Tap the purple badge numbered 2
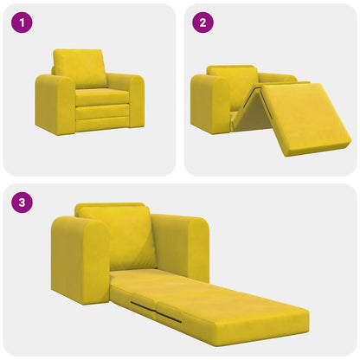pos(202,23)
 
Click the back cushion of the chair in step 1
pos(80,67)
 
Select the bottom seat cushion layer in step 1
pos(102,124)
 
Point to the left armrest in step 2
pos(209,102)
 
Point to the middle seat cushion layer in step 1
pos(102,111)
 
